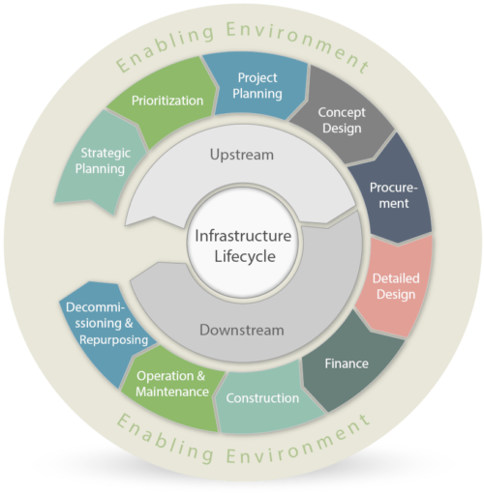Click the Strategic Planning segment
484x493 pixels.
[100, 161]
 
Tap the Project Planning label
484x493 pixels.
[257, 86]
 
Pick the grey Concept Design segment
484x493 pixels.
[342, 120]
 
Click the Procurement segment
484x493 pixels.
[394, 195]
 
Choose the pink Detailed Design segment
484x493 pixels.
[396, 286]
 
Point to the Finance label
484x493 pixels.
[347, 363]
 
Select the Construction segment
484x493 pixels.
[262, 398]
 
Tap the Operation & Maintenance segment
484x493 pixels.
[172, 384]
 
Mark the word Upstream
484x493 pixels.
[242, 155]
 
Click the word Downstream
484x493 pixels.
[242, 331]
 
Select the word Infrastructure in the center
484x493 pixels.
[243, 236]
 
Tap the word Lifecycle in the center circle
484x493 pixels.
[245, 257]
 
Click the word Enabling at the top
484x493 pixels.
[166, 47]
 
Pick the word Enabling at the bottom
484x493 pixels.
[166, 439]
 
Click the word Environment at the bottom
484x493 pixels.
[297, 444]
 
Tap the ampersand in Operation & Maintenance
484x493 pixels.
[200, 376]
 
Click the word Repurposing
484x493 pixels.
[113, 340]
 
